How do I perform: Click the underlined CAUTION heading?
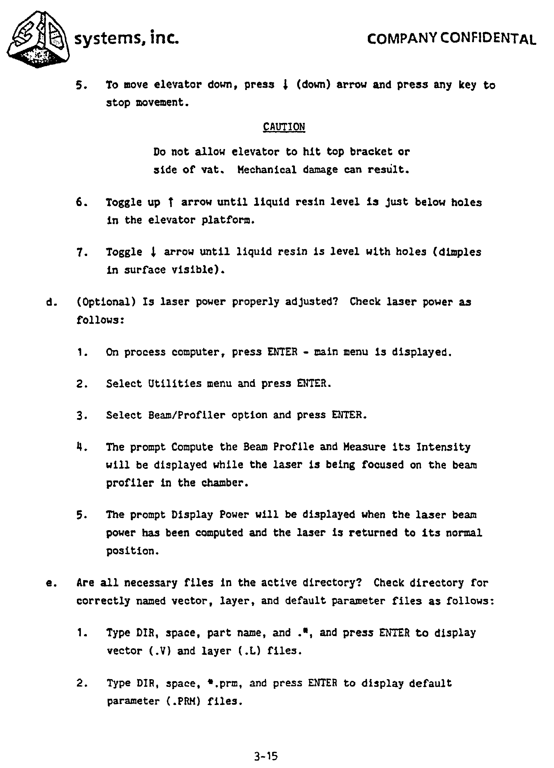point(284,127)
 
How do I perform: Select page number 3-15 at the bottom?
point(266,756)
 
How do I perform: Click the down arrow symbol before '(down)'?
point(285,85)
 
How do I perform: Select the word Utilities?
point(175,384)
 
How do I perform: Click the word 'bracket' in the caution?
point(371,151)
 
